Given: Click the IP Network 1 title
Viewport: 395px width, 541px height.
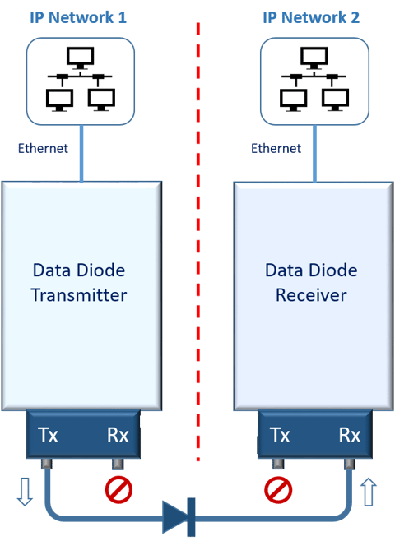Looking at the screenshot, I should [78, 16].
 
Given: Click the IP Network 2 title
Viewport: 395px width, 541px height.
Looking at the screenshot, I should [311, 16].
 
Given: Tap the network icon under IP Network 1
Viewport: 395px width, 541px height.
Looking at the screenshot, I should [79, 79].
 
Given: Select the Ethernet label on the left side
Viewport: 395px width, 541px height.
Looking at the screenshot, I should [43, 149].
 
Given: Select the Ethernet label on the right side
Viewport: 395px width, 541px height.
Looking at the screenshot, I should [276, 149].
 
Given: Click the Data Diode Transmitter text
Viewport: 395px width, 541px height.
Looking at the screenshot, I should [79, 282].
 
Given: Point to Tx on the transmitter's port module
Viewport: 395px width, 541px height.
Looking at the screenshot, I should [48, 435].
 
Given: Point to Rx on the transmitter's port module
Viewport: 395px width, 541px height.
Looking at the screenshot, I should [118, 435].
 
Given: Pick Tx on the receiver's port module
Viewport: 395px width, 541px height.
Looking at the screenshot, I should [280, 435].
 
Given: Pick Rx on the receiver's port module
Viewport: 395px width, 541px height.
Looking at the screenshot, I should [350, 435].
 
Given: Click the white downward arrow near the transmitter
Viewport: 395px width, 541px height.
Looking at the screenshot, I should [25, 492].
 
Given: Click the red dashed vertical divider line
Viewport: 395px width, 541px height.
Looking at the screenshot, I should [197, 247].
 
